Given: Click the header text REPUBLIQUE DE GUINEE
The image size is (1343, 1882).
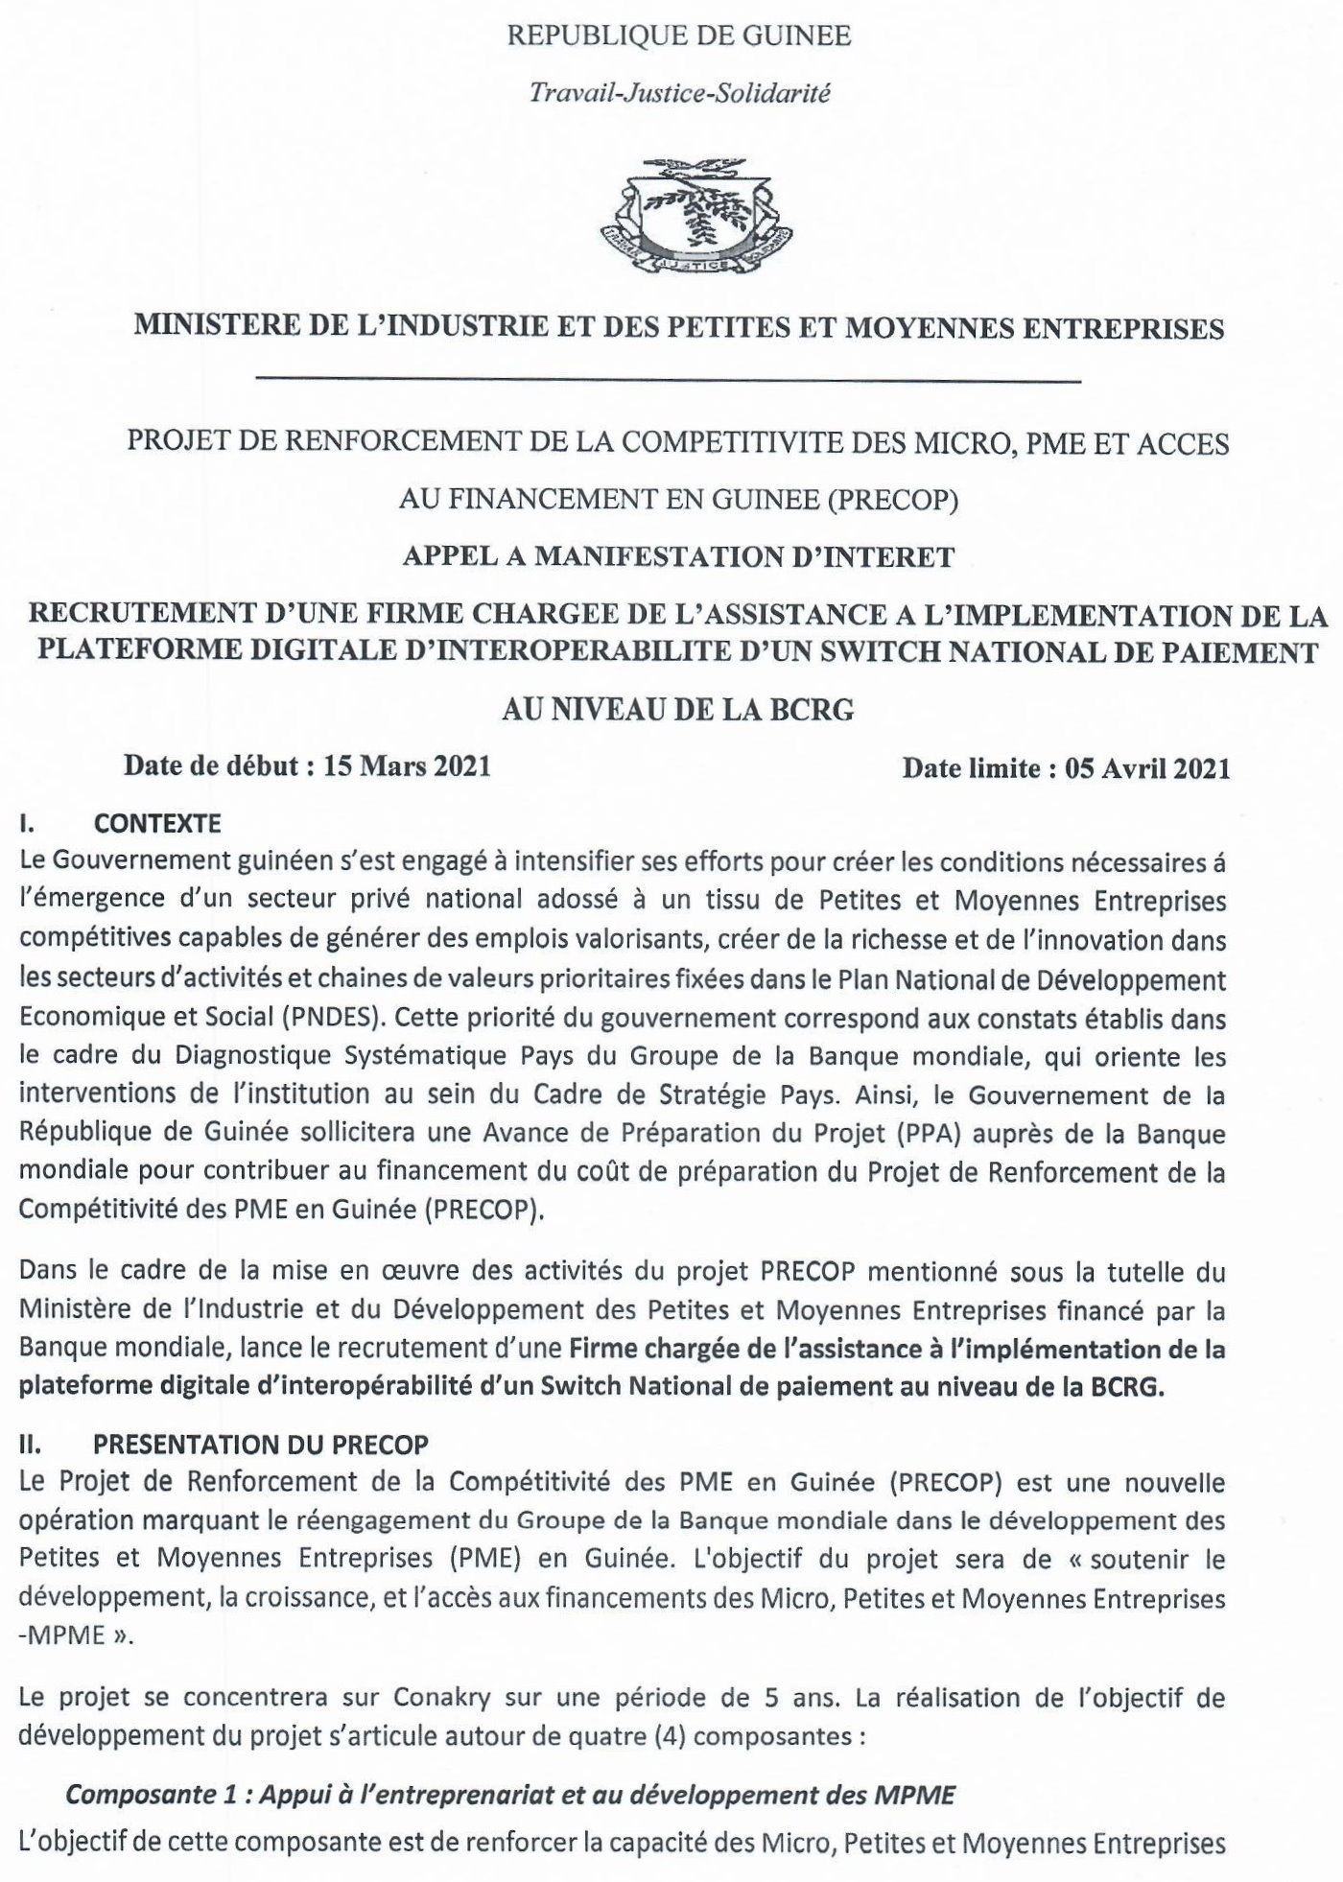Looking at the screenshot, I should point(678,36).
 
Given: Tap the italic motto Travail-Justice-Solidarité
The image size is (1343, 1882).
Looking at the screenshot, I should point(680,93).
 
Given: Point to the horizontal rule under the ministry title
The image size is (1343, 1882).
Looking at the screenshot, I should point(668,382).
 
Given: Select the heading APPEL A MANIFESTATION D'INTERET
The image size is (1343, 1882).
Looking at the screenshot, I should point(678,556).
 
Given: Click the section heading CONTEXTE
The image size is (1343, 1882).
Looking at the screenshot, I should point(157,823).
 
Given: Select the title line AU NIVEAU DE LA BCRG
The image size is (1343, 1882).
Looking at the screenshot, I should point(678,710).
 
